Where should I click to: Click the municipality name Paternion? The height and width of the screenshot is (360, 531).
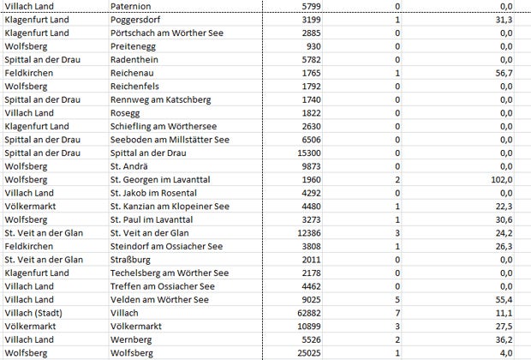tap(133, 6)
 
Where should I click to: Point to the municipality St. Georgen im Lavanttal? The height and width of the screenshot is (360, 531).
tap(166, 180)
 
